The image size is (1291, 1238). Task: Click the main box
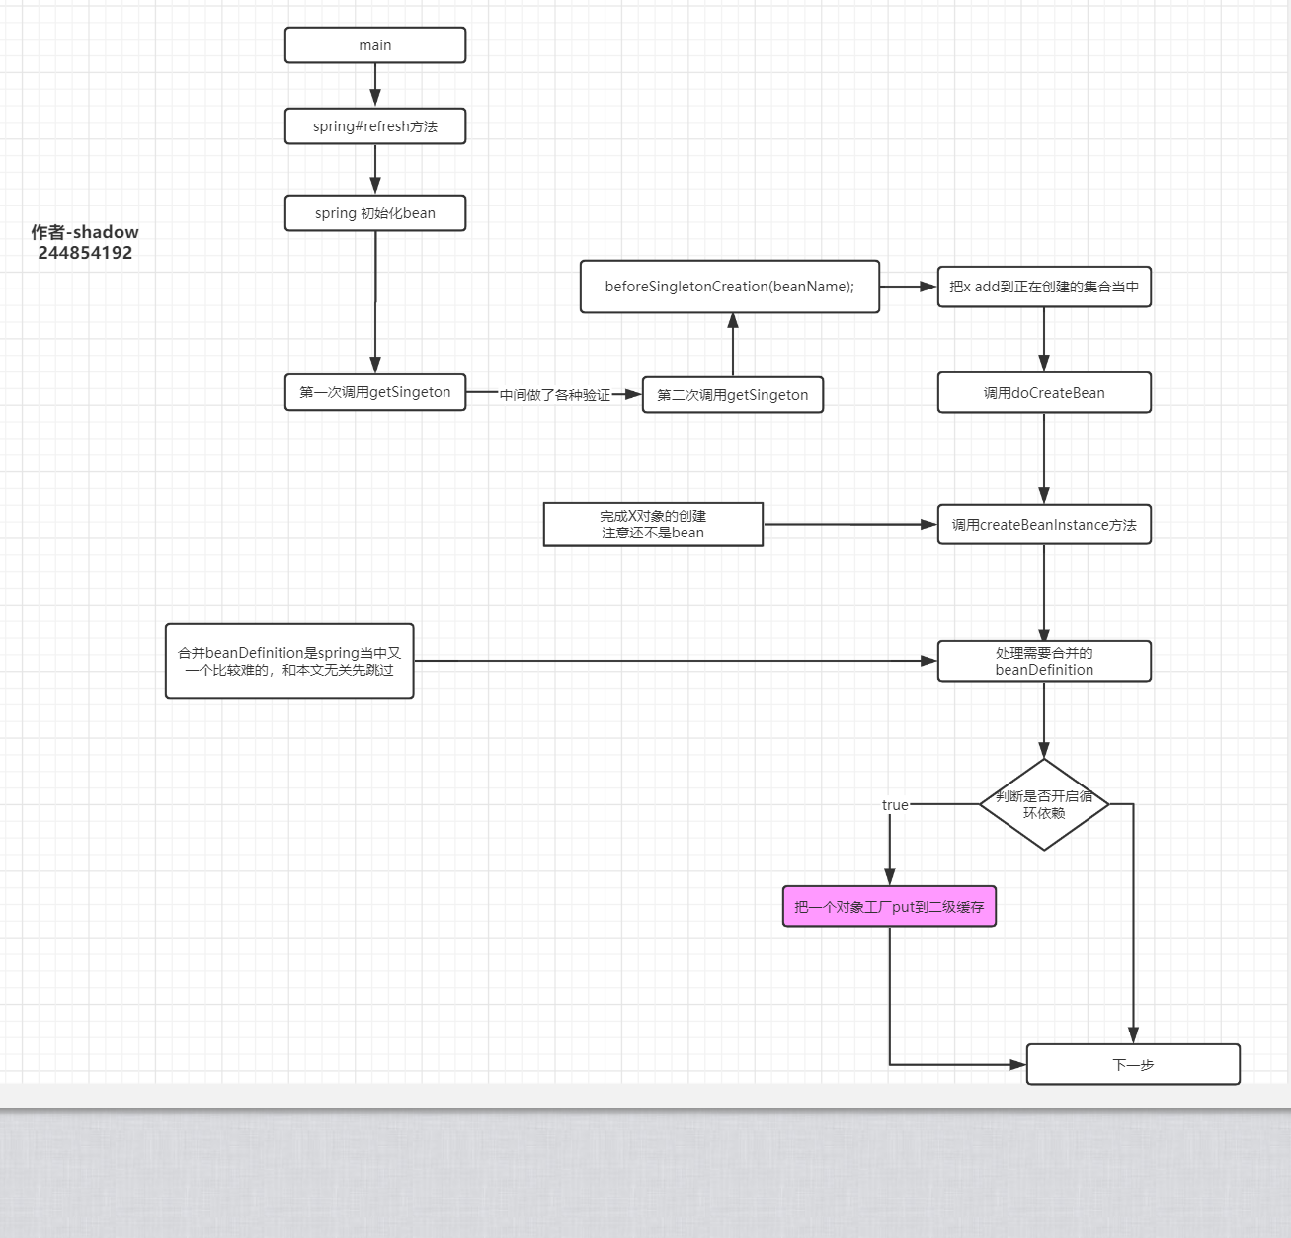coord(375,45)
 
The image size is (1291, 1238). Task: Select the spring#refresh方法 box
coord(375,126)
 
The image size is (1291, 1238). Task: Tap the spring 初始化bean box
coord(375,213)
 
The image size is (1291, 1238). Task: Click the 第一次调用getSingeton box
coord(375,392)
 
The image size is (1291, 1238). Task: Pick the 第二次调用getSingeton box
coord(732,395)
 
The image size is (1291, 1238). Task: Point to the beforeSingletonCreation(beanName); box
coord(729,287)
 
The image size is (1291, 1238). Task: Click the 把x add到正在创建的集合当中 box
coord(1044,287)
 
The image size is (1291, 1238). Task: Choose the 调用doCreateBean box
coord(1044,393)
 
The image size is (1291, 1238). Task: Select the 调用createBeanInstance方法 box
coord(1044,525)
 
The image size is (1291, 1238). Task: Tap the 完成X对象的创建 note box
coord(653,524)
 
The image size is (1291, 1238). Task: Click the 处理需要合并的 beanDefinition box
coord(1044,661)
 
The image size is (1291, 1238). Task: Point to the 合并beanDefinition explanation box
coord(289,661)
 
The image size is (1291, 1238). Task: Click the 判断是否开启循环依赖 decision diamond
coord(1044,804)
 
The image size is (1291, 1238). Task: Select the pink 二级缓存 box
coord(889,906)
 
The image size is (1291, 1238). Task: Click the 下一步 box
coord(1133,1065)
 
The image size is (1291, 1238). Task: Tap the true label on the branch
coord(895,805)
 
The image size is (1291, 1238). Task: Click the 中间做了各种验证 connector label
coord(554,395)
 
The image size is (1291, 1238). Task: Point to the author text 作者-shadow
coord(85,232)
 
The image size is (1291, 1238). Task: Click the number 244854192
coord(85,253)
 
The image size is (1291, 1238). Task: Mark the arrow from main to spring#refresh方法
coord(375,85)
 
